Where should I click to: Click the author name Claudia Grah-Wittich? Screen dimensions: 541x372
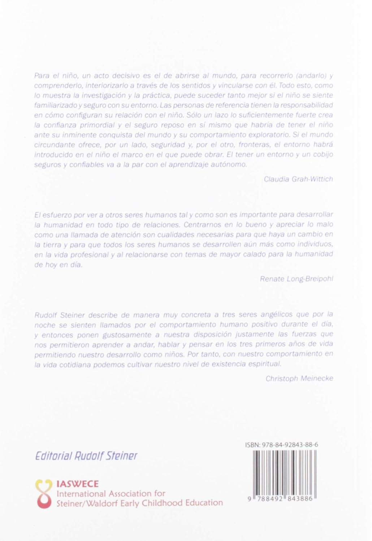tap(298, 179)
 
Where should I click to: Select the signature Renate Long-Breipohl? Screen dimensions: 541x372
tap(296, 278)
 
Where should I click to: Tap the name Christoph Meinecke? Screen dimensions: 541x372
tap(299, 378)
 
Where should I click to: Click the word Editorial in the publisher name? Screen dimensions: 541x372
tap(53, 456)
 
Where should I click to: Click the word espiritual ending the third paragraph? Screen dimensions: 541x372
tap(264, 364)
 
